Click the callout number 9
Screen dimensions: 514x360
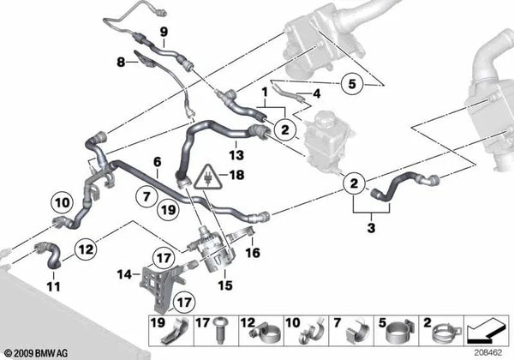(164, 32)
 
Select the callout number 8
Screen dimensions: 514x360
(121, 62)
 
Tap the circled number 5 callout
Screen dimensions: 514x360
(352, 84)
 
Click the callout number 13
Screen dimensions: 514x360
(236, 155)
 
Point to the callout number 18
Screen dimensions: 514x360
(237, 175)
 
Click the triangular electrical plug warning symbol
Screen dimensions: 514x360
(208, 177)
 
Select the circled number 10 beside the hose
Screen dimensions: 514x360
(62, 202)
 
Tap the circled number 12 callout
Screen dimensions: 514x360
(86, 249)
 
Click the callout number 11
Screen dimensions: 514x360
(54, 286)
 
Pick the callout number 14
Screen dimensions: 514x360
(124, 274)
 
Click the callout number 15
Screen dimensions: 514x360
(225, 285)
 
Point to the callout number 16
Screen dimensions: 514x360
(253, 253)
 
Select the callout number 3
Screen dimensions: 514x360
(371, 227)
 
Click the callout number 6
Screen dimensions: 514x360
(158, 162)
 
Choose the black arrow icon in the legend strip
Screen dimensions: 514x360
(486, 331)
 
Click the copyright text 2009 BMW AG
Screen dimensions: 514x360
(36, 353)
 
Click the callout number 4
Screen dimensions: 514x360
(316, 93)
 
